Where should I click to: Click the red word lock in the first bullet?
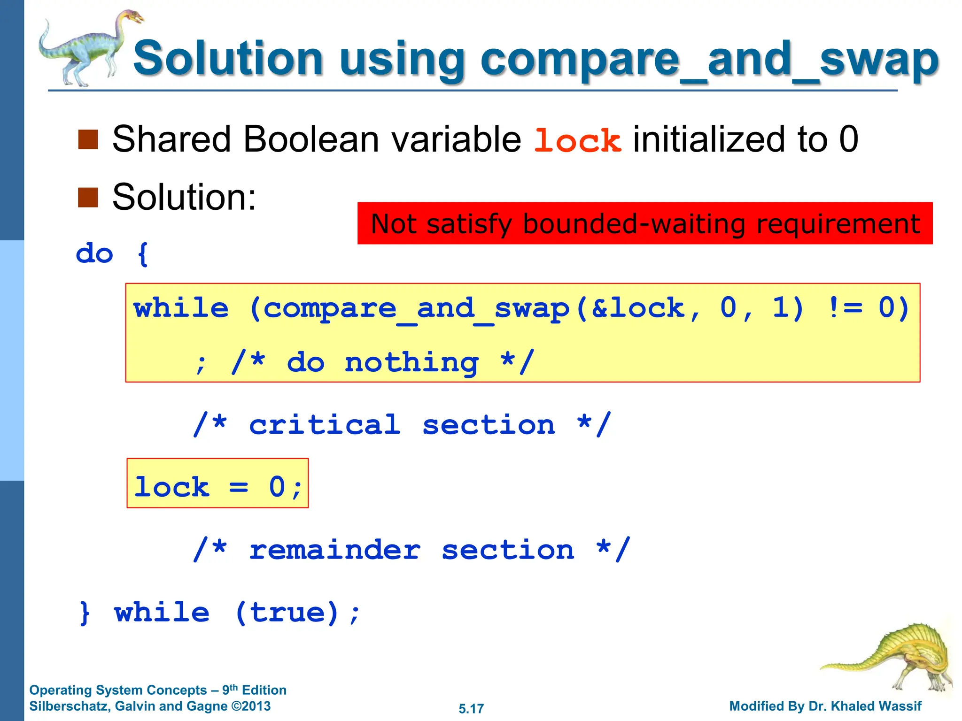click(578, 140)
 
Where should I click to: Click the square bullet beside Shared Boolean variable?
click(88, 139)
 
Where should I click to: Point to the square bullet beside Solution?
click(88, 197)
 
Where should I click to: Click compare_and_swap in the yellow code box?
click(416, 309)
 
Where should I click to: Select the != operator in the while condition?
click(845, 308)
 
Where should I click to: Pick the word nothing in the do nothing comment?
click(411, 362)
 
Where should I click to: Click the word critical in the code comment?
click(325, 425)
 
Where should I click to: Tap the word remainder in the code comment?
click(334, 550)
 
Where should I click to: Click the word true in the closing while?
click(287, 612)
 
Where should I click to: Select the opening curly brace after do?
click(143, 254)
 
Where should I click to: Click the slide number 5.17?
click(471, 708)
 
